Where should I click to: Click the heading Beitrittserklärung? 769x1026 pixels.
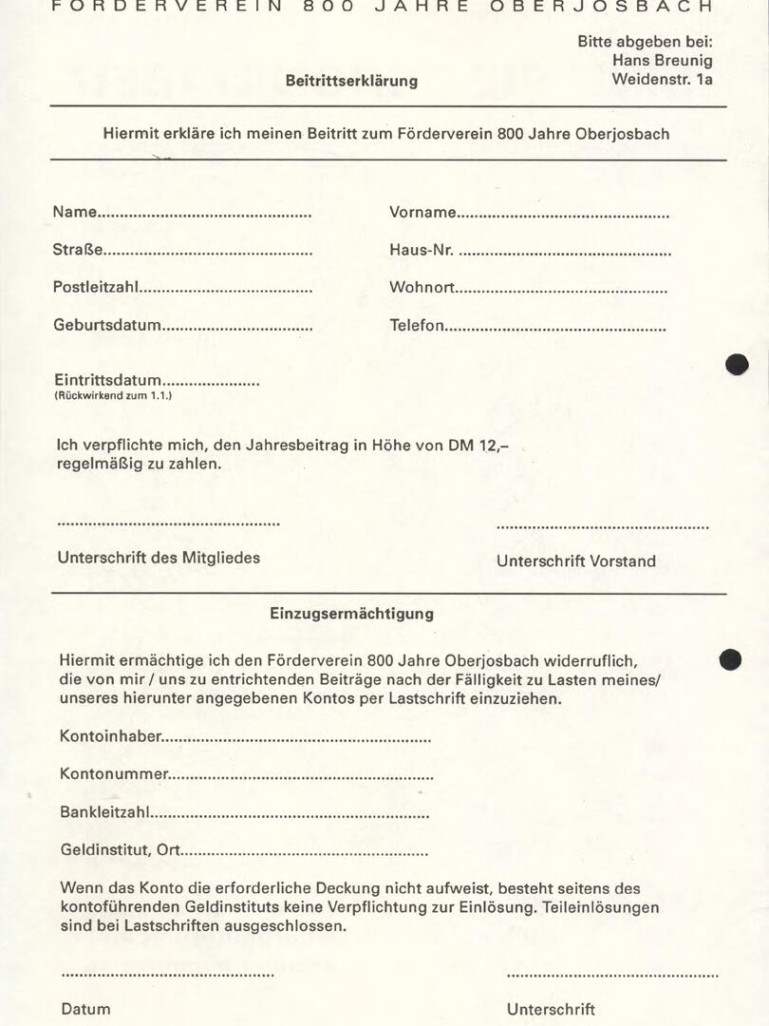pyautogui.click(x=351, y=81)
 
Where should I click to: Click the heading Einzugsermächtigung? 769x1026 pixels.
pyautogui.click(x=351, y=614)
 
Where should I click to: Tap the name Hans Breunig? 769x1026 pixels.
pyautogui.click(x=663, y=60)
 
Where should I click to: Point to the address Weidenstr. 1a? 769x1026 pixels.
pyautogui.click(x=662, y=79)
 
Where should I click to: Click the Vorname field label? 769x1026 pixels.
pyautogui.click(x=422, y=213)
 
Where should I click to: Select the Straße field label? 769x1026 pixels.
pyautogui.click(x=78, y=251)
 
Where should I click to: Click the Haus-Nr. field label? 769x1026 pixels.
pyautogui.click(x=422, y=251)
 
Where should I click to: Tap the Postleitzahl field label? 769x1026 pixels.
pyautogui.click(x=95, y=288)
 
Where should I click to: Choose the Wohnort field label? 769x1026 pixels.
pyautogui.click(x=422, y=288)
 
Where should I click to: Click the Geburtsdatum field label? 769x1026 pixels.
pyautogui.click(x=107, y=325)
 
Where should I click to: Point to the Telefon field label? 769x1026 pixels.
pyautogui.click(x=417, y=325)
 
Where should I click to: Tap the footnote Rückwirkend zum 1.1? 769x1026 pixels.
pyautogui.click(x=113, y=395)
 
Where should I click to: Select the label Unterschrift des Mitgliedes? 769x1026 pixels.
pyautogui.click(x=159, y=558)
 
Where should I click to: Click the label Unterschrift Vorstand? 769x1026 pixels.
pyautogui.click(x=575, y=561)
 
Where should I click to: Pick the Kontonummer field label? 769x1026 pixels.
pyautogui.click(x=114, y=774)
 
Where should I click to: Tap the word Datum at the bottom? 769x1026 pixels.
pyautogui.click(x=85, y=1009)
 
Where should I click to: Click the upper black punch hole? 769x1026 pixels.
pyautogui.click(x=737, y=364)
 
